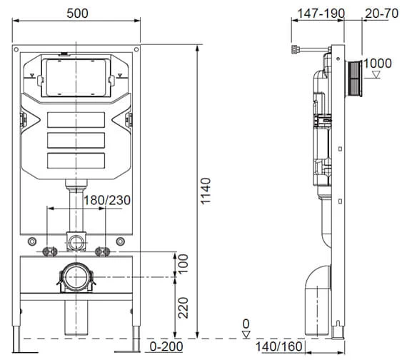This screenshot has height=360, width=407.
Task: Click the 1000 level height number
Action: coord(378,64)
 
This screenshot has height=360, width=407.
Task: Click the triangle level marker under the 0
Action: coord(246,334)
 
